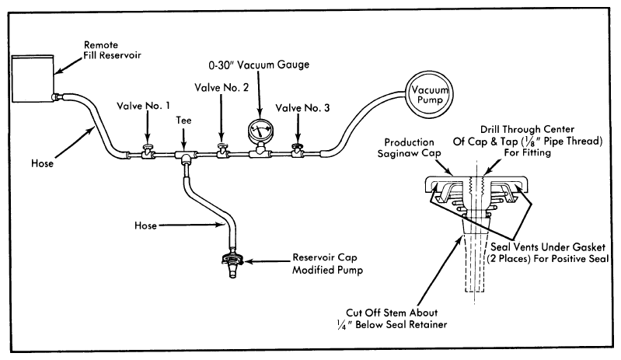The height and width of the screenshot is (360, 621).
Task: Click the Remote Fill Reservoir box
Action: click(x=33, y=79)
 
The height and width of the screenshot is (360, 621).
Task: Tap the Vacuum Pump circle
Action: click(x=430, y=94)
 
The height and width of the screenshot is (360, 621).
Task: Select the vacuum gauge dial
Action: click(x=260, y=131)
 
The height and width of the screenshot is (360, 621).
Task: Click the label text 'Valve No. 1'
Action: click(x=143, y=106)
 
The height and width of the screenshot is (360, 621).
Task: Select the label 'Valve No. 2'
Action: click(x=222, y=88)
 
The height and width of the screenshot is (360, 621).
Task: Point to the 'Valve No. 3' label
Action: click(x=302, y=108)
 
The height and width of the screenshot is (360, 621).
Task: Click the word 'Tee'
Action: click(x=183, y=120)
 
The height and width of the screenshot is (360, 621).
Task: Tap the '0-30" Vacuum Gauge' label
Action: click(x=259, y=65)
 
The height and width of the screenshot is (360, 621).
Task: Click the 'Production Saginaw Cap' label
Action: click(x=409, y=148)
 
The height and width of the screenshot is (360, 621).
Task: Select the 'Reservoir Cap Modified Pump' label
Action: click(x=327, y=264)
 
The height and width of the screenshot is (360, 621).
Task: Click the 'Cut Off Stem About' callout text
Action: click(x=392, y=313)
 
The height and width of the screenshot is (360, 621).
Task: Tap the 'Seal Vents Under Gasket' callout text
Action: click(x=548, y=247)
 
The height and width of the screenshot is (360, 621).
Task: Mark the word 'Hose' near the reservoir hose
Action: click(x=43, y=163)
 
